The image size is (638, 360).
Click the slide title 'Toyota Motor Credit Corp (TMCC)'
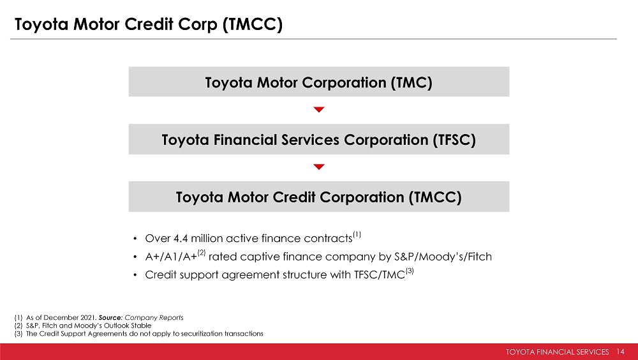click(x=149, y=24)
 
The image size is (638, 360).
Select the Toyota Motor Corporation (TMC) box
click(x=318, y=82)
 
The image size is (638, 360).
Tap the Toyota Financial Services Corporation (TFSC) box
click(x=318, y=139)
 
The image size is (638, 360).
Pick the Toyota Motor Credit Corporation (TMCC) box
click(x=318, y=197)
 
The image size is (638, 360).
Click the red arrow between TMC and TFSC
click(x=319, y=109)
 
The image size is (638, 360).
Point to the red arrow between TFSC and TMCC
click(x=319, y=167)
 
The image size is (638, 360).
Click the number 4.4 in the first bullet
click(x=181, y=238)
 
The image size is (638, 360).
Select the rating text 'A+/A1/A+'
click(x=171, y=257)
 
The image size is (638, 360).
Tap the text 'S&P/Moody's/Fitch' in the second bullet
click(x=443, y=257)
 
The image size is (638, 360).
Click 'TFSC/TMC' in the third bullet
click(x=379, y=275)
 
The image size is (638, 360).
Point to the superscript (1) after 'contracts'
click(x=357, y=234)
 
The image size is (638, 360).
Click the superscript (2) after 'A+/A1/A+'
click(x=202, y=253)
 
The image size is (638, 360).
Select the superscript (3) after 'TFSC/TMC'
click(x=410, y=271)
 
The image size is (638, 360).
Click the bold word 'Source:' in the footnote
click(x=110, y=318)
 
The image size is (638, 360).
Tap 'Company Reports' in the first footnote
click(x=154, y=318)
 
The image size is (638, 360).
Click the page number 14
click(x=620, y=352)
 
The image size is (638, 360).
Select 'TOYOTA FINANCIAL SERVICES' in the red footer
click(x=558, y=352)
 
